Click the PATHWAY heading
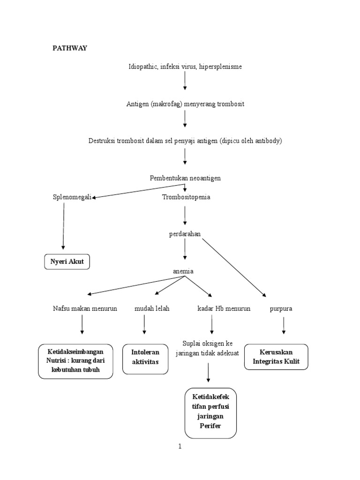coord(69,48)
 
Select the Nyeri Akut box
coord(67,262)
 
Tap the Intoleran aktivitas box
coord(145,359)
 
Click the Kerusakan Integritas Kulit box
coord(276,357)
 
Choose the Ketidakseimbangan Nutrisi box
coord(75,361)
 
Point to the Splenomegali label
coord(72,197)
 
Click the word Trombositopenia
coord(186,197)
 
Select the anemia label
coord(184,271)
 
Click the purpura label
coord(281,309)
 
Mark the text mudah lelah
coord(152,309)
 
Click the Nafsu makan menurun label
coord(85,309)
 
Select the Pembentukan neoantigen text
coord(185,178)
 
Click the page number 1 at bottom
coord(180,447)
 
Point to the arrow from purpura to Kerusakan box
coord(283,325)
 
